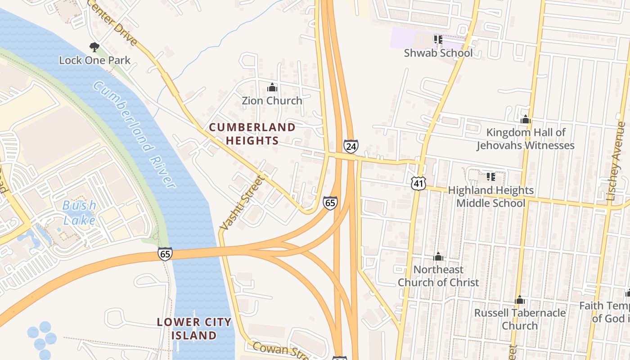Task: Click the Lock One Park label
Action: tap(95, 60)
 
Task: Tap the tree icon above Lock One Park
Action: tap(94, 47)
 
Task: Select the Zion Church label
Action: tap(272, 100)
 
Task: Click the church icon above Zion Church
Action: tap(272, 87)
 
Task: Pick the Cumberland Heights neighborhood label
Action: tap(252, 134)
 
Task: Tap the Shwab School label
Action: tap(438, 53)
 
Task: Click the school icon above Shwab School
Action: tap(438, 40)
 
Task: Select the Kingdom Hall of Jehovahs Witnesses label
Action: tap(526, 139)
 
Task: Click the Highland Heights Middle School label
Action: tap(490, 197)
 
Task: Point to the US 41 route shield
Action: tap(418, 182)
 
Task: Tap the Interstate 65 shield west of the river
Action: tap(165, 254)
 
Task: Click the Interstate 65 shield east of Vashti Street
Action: tap(330, 202)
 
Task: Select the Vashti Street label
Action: tap(242, 202)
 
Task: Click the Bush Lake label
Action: tap(79, 212)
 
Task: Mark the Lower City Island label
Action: tap(194, 328)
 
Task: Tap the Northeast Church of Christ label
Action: tap(438, 276)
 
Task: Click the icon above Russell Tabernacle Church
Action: tap(520, 300)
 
